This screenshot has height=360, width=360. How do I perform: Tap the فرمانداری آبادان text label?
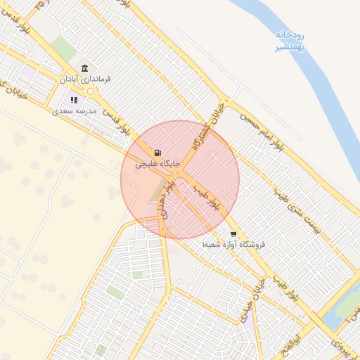pyautogui.click(x=86, y=80)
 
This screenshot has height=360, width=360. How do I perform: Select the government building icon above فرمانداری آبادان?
pyautogui.click(x=85, y=68)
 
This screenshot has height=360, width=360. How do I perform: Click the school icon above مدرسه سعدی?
pyautogui.click(x=75, y=101)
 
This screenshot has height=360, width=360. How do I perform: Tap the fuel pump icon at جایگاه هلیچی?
pyautogui.click(x=157, y=152)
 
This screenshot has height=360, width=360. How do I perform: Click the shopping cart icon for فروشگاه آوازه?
pyautogui.click(x=233, y=234)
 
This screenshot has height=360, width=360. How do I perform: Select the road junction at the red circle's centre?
pyautogui.click(x=180, y=174)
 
